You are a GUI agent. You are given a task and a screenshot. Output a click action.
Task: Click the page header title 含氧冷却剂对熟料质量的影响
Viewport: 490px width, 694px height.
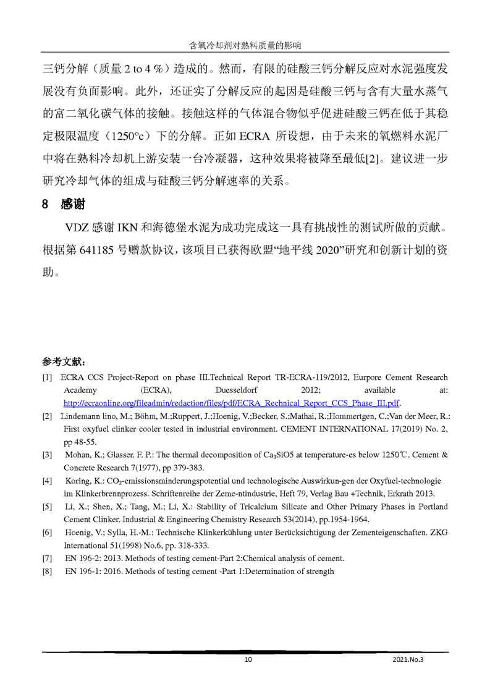point(245,45)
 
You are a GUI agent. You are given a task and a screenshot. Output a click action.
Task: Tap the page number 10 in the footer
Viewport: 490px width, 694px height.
point(248,659)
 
